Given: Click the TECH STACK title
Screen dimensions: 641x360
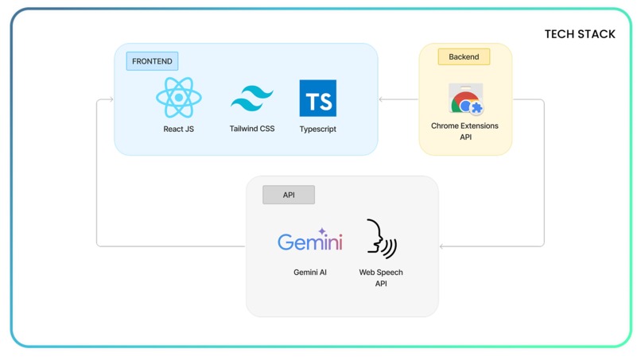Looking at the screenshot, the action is tap(580, 34).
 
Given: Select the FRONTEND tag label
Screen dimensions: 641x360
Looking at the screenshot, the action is tap(152, 61).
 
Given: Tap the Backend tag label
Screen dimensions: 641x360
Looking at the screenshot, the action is tap(464, 56).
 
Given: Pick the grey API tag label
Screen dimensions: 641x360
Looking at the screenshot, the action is tap(289, 195).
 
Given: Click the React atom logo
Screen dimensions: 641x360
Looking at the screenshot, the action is tap(179, 98).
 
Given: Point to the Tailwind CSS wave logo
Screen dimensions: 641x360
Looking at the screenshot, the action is tap(252, 98).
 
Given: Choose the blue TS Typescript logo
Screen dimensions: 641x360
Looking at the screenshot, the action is tap(318, 98).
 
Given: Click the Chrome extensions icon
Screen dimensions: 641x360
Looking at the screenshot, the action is tap(466, 99).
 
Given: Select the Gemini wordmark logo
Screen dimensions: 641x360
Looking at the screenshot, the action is tap(310, 239).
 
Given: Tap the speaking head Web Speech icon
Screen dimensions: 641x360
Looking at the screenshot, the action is tap(382, 239).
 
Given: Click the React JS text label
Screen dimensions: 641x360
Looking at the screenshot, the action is tap(179, 129).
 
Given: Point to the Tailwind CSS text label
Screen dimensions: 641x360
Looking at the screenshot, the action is tap(252, 129).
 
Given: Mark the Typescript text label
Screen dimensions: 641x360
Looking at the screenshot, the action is tap(317, 129).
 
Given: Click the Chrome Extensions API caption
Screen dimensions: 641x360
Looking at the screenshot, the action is tap(464, 131).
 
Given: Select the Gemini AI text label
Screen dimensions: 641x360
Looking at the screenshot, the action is tap(310, 272).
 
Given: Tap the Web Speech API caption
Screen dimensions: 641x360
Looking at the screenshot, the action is tap(381, 278).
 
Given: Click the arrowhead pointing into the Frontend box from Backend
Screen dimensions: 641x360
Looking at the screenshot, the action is tap(381, 99).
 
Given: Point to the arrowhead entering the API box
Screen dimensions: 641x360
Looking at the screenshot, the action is tap(441, 246).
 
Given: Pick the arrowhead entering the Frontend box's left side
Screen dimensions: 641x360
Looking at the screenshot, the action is tap(111, 99).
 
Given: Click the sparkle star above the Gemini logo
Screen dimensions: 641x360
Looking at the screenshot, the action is tap(322, 231).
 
